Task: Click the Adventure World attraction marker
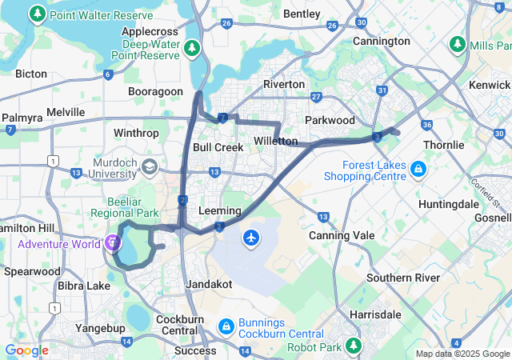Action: [x=112, y=242]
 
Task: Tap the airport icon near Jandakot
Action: [x=252, y=238]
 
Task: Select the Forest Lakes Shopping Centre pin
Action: [x=417, y=170]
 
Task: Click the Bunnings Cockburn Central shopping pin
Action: [x=226, y=326]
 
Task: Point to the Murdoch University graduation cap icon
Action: [x=150, y=166]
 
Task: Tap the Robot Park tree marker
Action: [x=353, y=346]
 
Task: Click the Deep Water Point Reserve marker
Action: [x=191, y=49]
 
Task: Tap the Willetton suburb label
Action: [x=276, y=142]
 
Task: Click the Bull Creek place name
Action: [x=218, y=147]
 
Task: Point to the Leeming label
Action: [x=218, y=210]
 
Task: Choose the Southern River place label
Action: [x=403, y=278]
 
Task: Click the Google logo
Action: [x=26, y=350]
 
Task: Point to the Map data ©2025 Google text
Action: [x=462, y=354]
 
